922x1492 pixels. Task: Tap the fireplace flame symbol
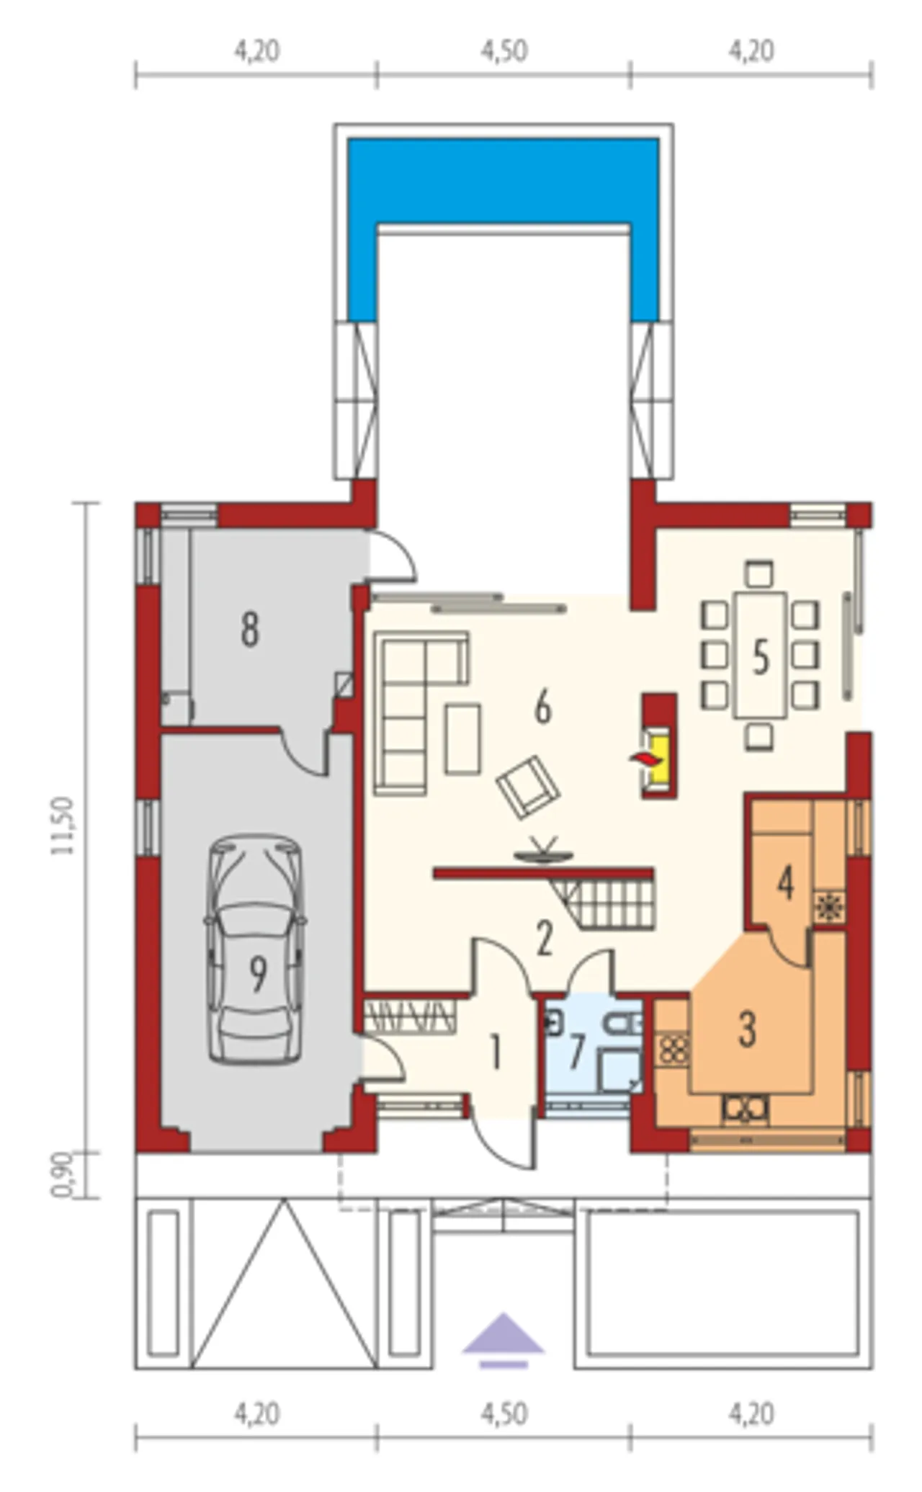point(643,758)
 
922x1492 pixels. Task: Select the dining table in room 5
point(760,655)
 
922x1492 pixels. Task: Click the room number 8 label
point(250,629)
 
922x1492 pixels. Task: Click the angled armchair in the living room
point(528,786)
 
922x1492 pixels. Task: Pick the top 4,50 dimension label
point(504,51)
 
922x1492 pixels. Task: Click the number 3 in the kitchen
point(747,1029)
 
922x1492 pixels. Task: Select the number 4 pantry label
point(785,883)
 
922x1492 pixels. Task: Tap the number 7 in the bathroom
point(576,1053)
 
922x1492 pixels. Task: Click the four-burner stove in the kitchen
point(673,1049)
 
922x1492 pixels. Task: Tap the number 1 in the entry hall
point(495,1053)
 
